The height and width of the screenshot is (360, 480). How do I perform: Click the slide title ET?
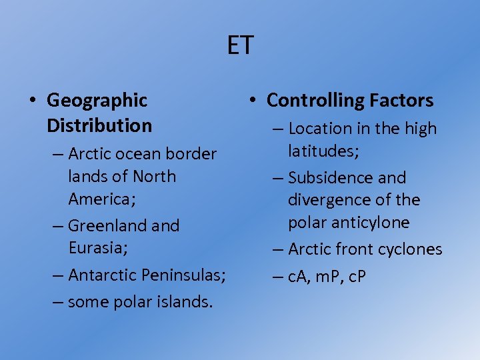pos(240,46)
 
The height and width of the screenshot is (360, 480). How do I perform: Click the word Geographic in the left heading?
pos(97,101)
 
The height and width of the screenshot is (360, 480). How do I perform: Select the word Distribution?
pos(99,125)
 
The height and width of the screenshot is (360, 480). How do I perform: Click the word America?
pos(97,199)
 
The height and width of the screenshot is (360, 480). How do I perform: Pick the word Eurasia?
pos(95,248)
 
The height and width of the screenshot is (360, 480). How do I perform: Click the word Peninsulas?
pos(185,275)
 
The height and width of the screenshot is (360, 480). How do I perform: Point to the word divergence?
pos(329,200)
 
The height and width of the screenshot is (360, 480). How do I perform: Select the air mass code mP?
pos(326,277)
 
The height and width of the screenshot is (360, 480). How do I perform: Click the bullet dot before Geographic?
pos(32,101)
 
